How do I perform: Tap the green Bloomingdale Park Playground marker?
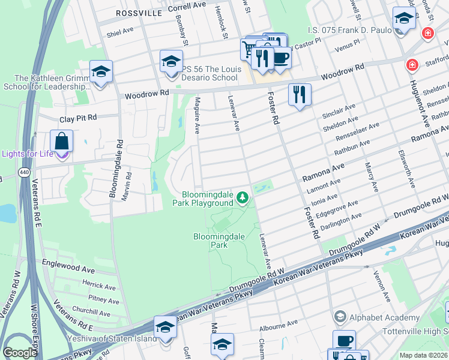point(243,197)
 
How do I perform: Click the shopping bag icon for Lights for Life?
point(61,142)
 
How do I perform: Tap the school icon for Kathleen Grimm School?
point(101,72)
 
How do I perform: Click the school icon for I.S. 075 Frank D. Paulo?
point(404,19)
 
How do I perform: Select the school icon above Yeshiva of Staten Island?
point(165,328)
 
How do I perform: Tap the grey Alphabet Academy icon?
point(340,317)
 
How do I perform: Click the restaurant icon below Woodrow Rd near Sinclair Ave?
point(299,95)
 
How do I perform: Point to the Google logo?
point(20,353)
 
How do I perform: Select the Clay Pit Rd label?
point(77,119)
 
